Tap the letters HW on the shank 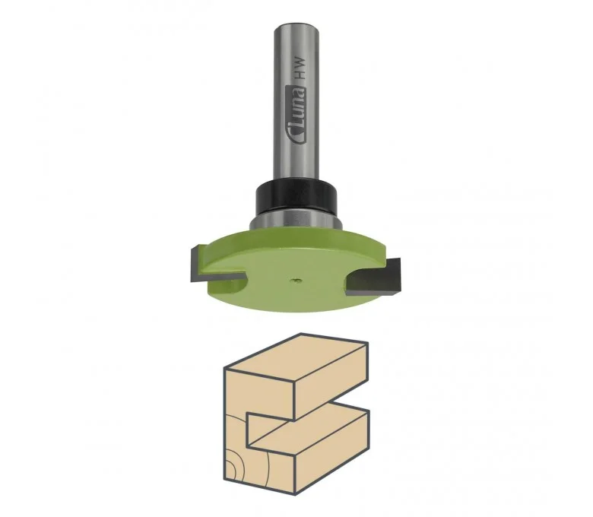pyautogui.click(x=300, y=68)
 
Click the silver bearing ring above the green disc pyautogui.click(x=296, y=221)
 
